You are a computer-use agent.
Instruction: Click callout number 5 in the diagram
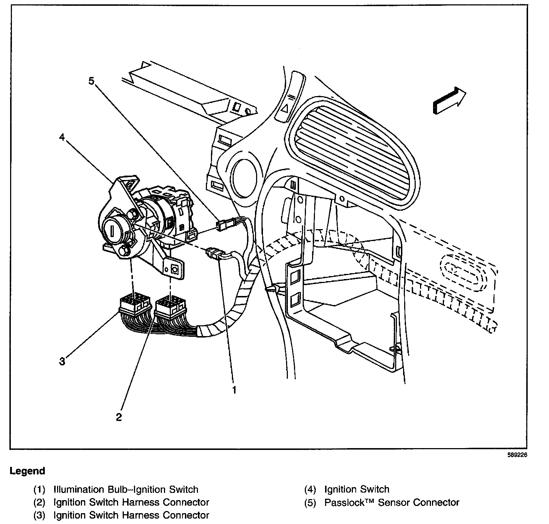[x=91, y=81]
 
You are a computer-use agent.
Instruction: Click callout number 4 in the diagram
[x=62, y=138]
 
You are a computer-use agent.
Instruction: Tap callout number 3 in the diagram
[x=62, y=361]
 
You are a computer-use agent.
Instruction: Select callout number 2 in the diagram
[x=119, y=417]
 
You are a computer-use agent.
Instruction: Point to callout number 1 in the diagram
[x=234, y=390]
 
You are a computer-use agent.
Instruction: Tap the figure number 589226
[x=517, y=455]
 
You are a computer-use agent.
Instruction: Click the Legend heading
[x=27, y=471]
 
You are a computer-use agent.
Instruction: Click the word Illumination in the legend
[x=79, y=490]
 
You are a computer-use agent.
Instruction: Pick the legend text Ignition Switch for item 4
[x=357, y=490]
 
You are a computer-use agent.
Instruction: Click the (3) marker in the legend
[x=39, y=515]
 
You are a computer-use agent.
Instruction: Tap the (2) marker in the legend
[x=39, y=502]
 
